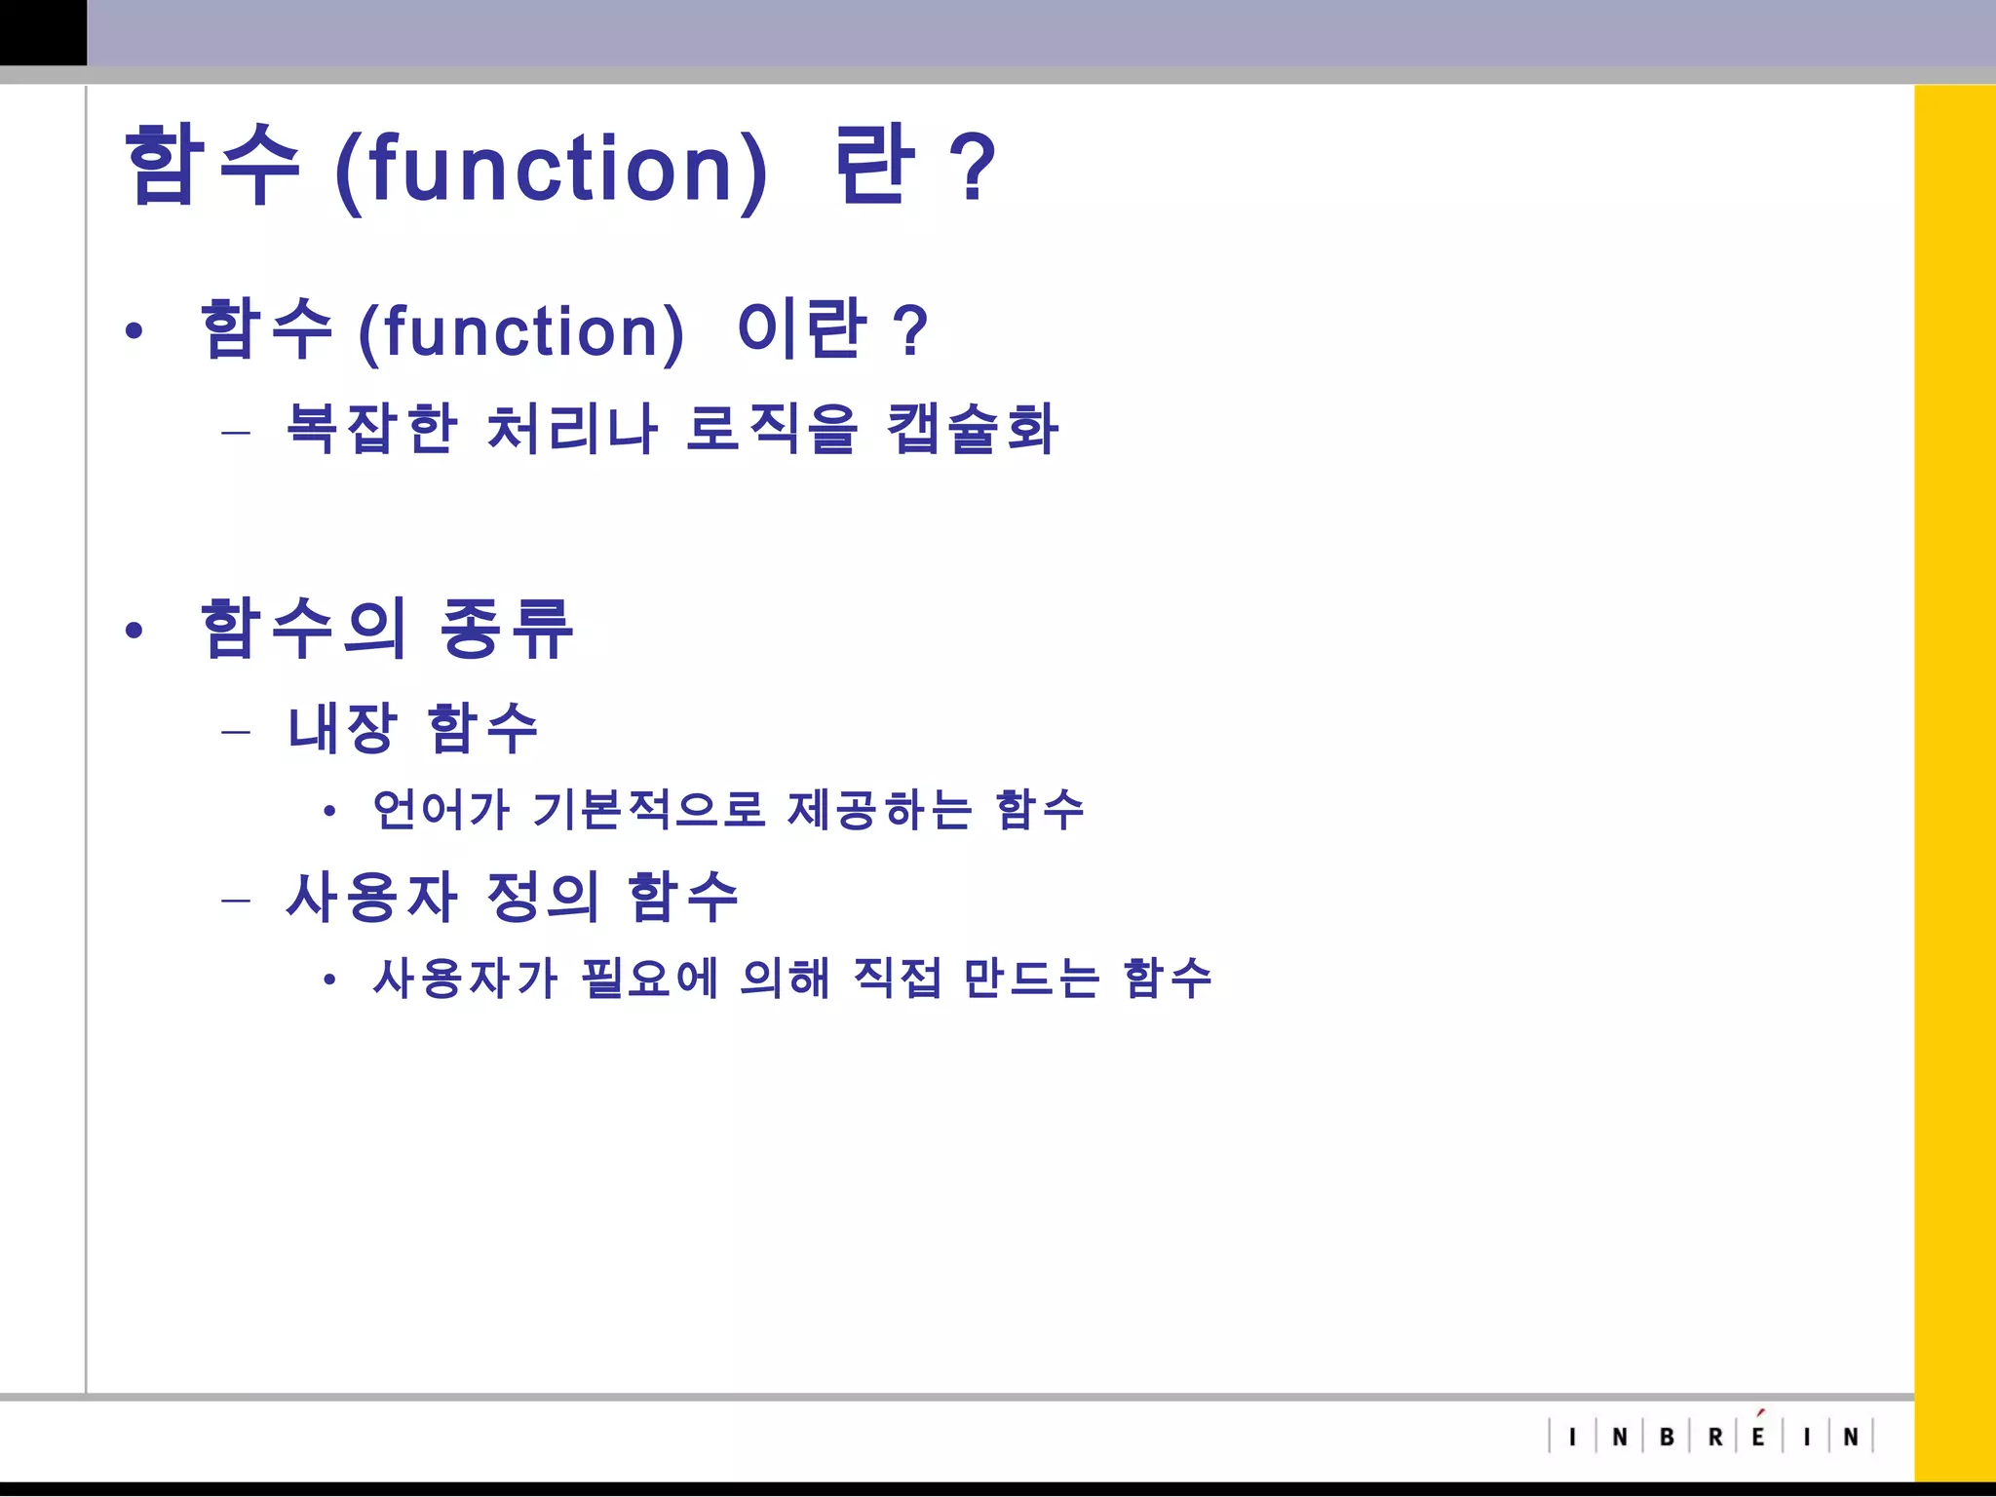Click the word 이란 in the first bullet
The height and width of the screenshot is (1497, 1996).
point(801,328)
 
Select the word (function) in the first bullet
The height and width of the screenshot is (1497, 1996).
point(521,331)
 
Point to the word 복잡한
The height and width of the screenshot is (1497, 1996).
point(371,428)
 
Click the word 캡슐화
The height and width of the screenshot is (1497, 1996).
point(972,428)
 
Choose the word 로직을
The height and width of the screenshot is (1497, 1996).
point(772,428)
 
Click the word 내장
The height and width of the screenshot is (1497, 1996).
point(342,728)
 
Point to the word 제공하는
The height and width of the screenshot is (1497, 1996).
point(879,809)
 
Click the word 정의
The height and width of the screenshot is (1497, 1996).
point(542,897)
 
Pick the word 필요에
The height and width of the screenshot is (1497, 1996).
point(649,978)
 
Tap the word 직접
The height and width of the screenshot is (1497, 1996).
point(897,978)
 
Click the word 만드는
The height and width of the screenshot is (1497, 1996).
point(1031,978)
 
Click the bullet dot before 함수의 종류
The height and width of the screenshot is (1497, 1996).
point(134,631)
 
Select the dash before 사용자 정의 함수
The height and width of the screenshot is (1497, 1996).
point(236,899)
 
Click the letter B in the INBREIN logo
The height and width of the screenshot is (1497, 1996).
point(1667,1437)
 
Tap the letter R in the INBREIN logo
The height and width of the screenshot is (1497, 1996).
point(1715,1437)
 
